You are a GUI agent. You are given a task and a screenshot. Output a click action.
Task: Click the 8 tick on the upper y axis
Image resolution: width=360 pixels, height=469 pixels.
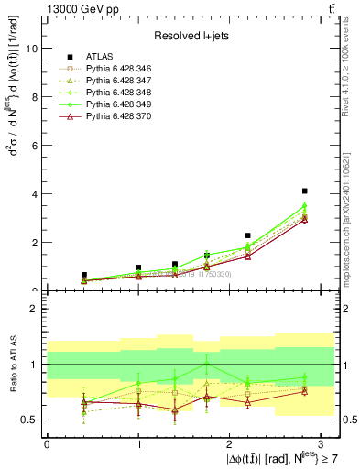(36, 97)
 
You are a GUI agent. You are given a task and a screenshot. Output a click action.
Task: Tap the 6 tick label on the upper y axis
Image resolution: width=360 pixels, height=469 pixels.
(36, 146)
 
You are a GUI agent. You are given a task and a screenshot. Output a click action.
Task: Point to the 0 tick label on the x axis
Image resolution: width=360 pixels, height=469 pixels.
(47, 442)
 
